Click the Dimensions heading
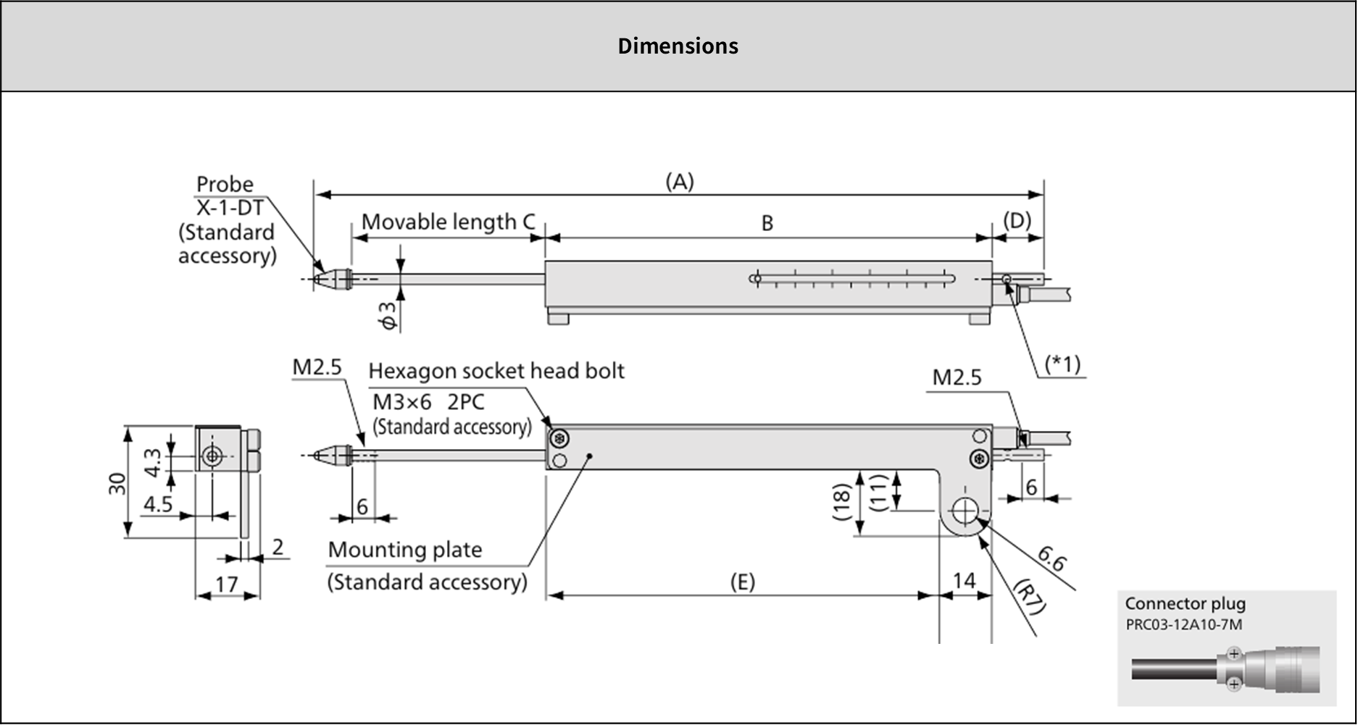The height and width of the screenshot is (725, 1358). coord(678,46)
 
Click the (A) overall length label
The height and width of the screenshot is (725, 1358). coord(680,182)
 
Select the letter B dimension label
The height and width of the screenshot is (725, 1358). coord(767,223)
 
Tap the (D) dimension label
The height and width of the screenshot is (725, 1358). coord(1017,220)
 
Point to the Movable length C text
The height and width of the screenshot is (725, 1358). coord(449,222)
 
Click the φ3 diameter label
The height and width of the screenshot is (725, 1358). coord(389,316)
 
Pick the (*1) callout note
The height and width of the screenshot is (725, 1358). coord(1062,364)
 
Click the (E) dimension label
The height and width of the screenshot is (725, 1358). coord(742,582)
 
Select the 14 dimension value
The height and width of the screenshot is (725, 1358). coord(964,581)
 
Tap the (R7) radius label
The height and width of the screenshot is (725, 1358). coord(1029,596)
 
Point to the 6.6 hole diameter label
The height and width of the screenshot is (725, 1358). coord(1051,558)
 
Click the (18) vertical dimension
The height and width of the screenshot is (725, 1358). coord(841,502)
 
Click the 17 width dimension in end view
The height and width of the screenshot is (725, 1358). coord(227,584)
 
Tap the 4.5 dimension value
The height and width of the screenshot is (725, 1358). coord(157,504)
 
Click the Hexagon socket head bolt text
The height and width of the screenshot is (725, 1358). coord(496,371)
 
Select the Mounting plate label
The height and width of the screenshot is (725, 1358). coord(404,550)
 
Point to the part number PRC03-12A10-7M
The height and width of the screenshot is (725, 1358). coord(1183,624)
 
